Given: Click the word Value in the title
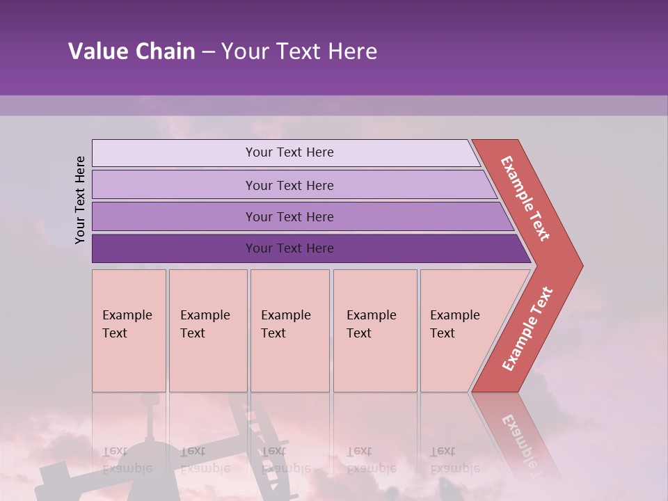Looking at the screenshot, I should [x=97, y=51].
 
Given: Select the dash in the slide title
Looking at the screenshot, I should [x=208, y=52].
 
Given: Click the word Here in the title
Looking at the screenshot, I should [x=351, y=51].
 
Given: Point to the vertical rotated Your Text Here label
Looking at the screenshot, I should [x=80, y=200].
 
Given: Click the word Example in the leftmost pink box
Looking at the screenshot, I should [x=127, y=315].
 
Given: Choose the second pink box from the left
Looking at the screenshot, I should [x=208, y=331].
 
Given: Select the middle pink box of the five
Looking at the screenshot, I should [x=289, y=331].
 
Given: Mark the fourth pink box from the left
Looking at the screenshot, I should [x=375, y=331].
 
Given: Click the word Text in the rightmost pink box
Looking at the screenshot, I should [x=443, y=333].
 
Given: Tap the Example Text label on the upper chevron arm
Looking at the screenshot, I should [x=525, y=199].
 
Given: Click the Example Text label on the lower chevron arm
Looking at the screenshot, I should [x=527, y=329].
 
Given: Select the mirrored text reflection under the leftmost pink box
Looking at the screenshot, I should [x=127, y=460].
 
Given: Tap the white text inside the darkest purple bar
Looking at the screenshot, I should [x=289, y=248].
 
